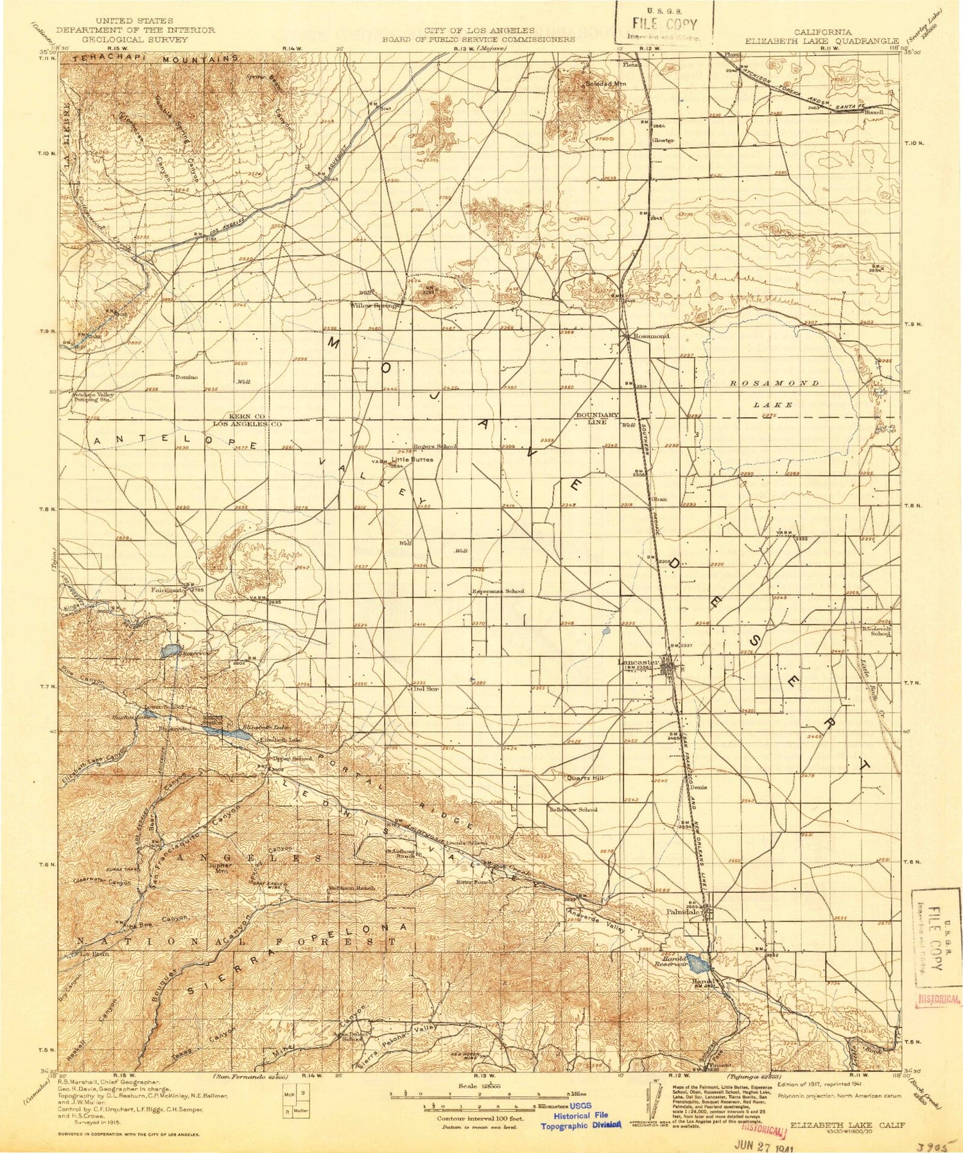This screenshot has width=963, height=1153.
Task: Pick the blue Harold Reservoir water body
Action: coord(700,963)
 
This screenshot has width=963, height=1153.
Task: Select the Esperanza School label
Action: coord(498,591)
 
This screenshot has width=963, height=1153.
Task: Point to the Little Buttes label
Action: coord(417,459)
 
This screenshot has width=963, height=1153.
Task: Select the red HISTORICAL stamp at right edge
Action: coord(939,999)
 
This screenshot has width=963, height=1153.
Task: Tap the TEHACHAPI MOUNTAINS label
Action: coord(156,59)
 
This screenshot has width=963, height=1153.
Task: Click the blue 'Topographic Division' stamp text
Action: coord(581,1124)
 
